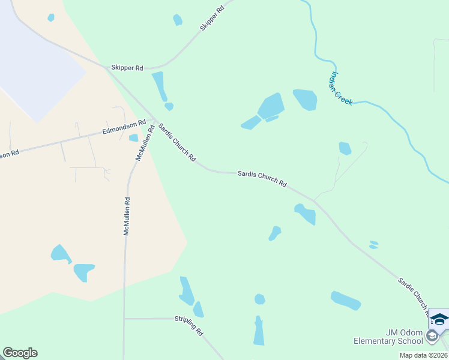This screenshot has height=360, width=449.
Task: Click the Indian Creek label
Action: tap(340, 89)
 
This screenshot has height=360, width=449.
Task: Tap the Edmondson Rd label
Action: tap(124, 127)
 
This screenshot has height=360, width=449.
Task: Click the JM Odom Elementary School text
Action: tap(388, 337)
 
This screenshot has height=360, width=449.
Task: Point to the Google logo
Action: tap(20, 353)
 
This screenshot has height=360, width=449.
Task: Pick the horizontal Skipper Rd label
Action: tap(127, 68)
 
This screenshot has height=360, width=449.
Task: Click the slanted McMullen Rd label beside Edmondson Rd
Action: tap(143, 142)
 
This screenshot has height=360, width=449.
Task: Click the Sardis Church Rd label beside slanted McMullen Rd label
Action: tap(176, 143)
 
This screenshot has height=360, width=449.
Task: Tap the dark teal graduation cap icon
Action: tap(439, 319)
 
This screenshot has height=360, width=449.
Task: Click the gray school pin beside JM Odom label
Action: tap(432, 337)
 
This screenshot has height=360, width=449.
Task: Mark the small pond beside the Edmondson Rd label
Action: tap(133, 138)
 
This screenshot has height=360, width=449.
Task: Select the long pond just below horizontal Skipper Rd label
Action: tap(159, 86)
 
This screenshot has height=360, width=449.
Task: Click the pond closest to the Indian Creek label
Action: tap(305, 99)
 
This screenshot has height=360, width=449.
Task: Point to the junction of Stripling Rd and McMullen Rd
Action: tap(124, 318)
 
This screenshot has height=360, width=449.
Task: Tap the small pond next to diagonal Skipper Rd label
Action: tap(177, 20)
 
